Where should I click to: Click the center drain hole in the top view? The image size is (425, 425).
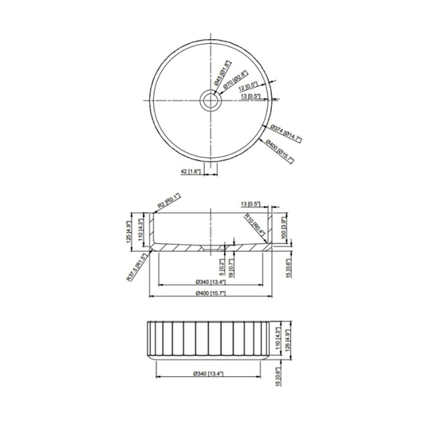coord(211,100)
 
